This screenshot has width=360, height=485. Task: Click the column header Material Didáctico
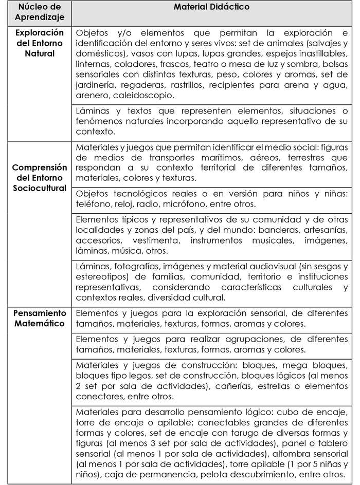pos(211,8)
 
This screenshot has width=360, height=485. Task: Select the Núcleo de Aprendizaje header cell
pos(39,12)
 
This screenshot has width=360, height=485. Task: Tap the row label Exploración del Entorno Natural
pos(39,43)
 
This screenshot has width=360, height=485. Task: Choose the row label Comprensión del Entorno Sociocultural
pos(39,177)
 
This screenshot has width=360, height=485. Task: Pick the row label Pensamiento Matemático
pos(39,318)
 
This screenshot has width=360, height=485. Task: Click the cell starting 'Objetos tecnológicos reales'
pos(211,198)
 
